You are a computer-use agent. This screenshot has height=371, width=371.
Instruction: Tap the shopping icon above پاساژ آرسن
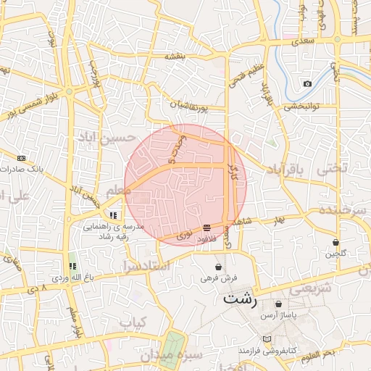tap(279, 304)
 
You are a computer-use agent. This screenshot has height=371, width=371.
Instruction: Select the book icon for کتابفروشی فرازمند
tap(267, 338)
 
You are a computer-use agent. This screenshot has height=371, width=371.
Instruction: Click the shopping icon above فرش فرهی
tap(218, 267)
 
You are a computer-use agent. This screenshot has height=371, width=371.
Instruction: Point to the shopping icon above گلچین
tap(336, 242)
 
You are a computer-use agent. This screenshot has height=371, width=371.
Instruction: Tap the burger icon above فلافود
tap(207, 227)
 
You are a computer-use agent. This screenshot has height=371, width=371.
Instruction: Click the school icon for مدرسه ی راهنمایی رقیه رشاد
tap(113, 215)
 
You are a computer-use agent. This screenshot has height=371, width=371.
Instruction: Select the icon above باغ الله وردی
tap(72, 266)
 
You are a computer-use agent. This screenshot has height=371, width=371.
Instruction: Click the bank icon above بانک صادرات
tap(21, 158)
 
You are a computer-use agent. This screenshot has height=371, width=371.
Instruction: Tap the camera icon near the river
tap(308, 84)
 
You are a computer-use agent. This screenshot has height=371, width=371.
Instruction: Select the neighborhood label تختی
tap(333, 167)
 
